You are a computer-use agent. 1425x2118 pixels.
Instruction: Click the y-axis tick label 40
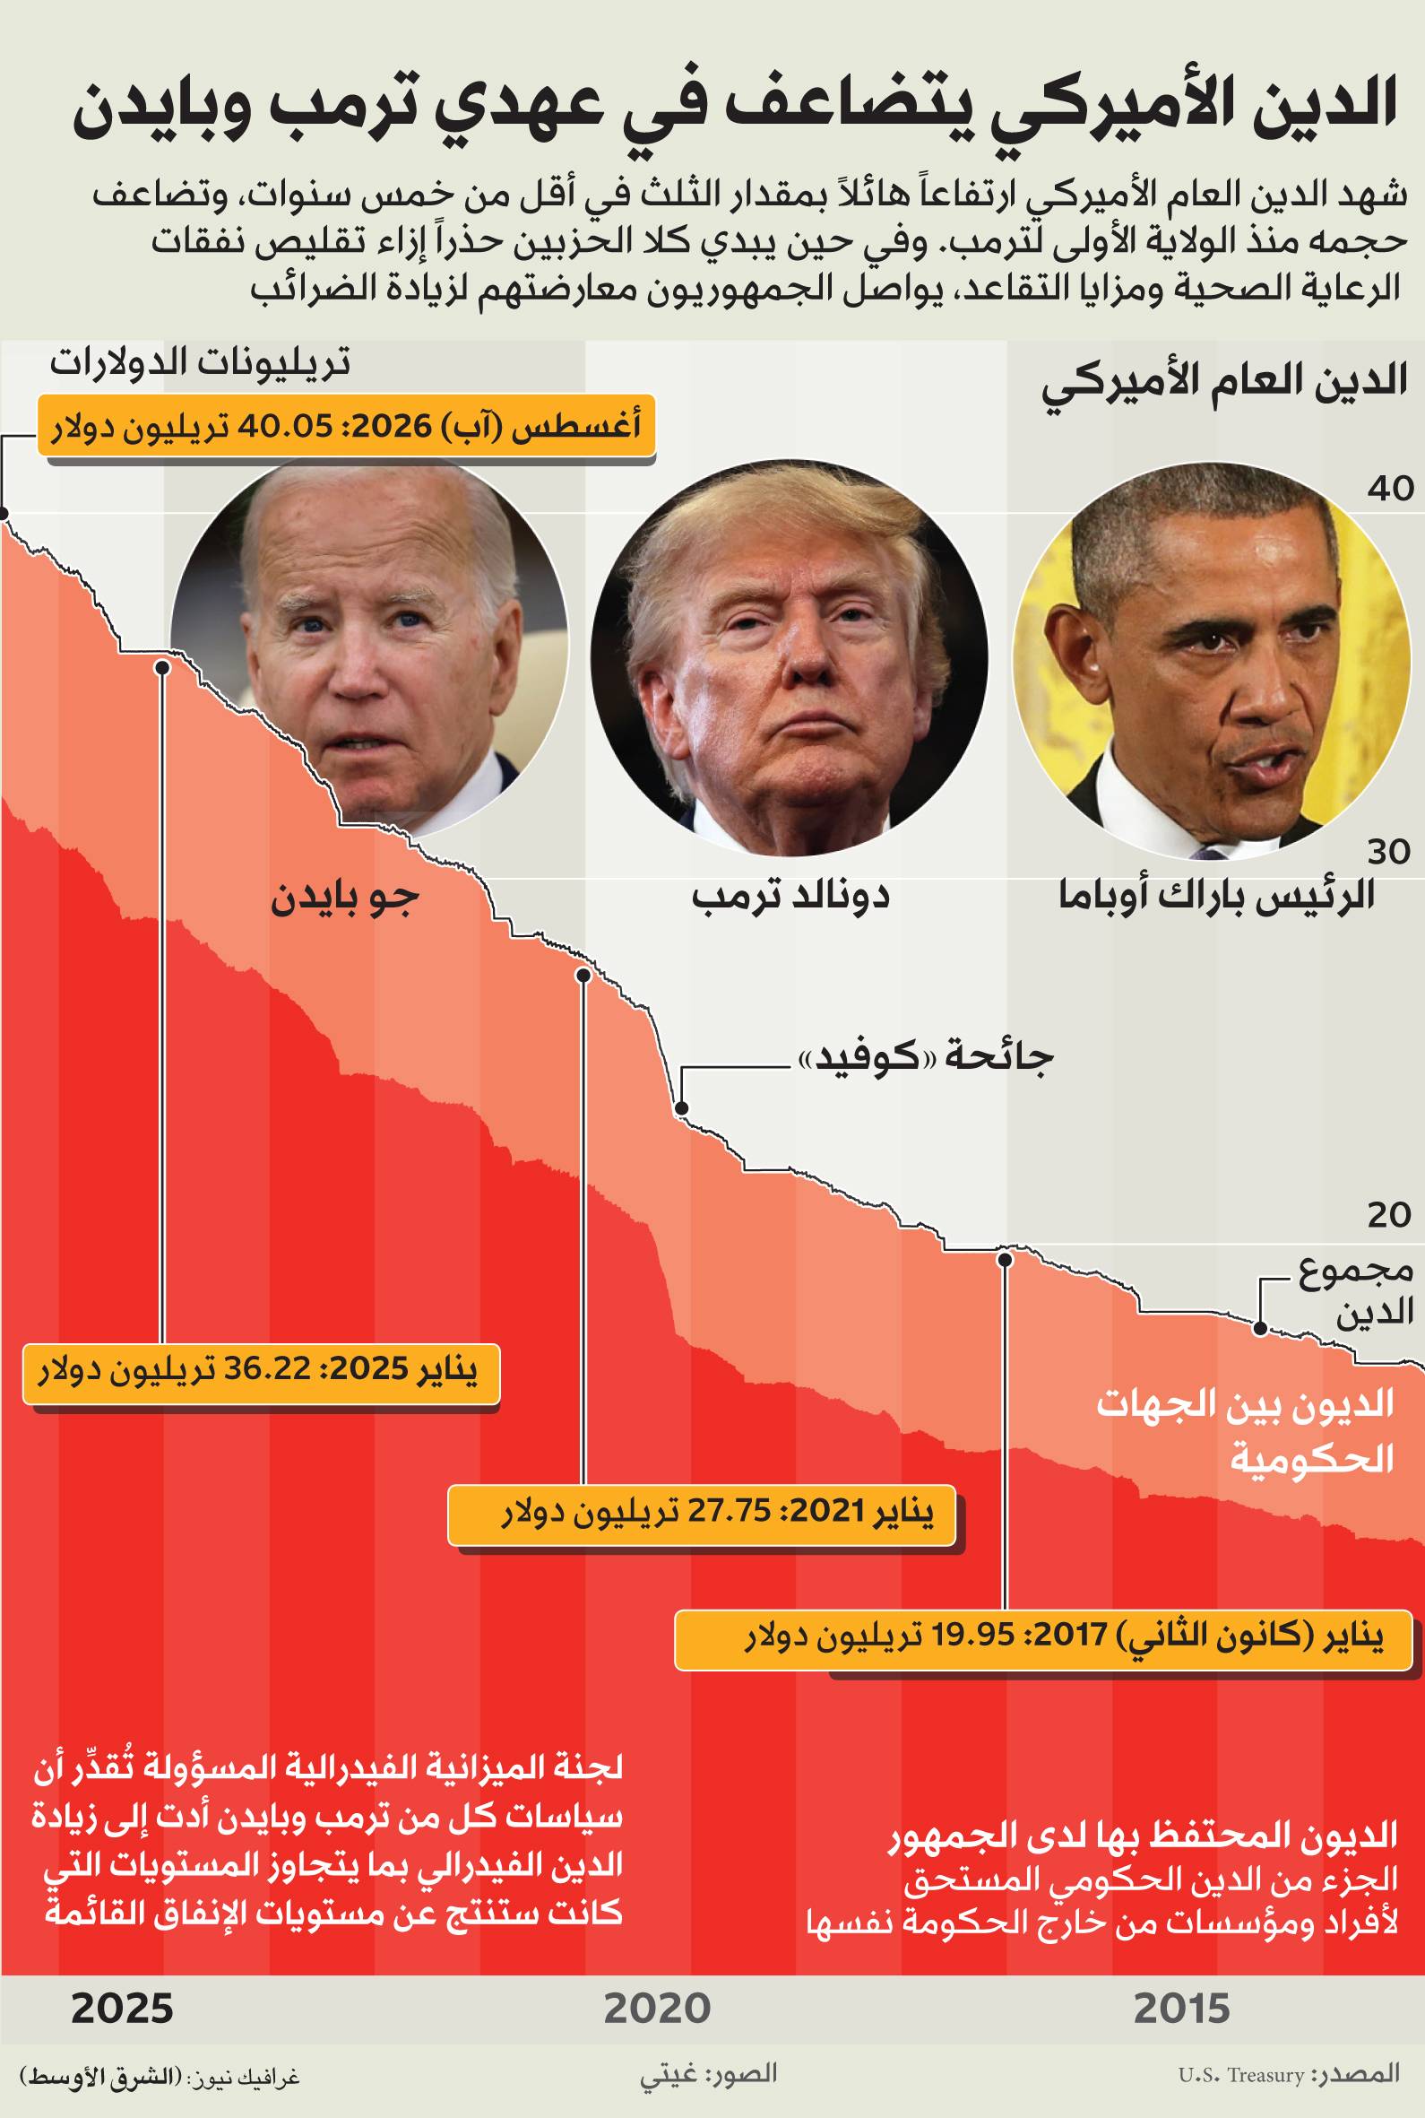coord(1390,489)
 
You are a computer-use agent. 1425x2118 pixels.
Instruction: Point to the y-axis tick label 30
coord(1388,852)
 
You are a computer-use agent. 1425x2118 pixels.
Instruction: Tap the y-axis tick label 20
coord(1388,1214)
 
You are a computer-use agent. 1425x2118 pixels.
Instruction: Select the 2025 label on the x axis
coord(122,2008)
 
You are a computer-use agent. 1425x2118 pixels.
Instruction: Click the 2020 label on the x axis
coord(657,2008)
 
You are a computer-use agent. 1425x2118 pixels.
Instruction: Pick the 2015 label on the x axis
coord(1182,2008)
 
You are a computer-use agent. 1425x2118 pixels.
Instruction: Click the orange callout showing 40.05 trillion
coord(345,425)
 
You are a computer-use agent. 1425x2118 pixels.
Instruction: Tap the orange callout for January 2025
coord(261,1373)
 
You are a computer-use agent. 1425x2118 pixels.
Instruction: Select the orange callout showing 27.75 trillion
coord(702,1515)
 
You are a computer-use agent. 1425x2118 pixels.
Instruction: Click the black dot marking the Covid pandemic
coord(682,1108)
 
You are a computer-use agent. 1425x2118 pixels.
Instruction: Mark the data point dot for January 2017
coord(1005,1260)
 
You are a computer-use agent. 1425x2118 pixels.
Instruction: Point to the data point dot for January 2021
coord(583,976)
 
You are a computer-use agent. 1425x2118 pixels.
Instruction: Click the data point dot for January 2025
coord(161,667)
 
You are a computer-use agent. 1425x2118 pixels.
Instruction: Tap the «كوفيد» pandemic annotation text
coord(924,1057)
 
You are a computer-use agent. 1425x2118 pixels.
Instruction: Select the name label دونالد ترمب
coord(790,897)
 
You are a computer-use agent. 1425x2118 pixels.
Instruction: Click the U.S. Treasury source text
coord(1240,2075)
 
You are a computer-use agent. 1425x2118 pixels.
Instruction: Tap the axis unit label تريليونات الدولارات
coord(200,363)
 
